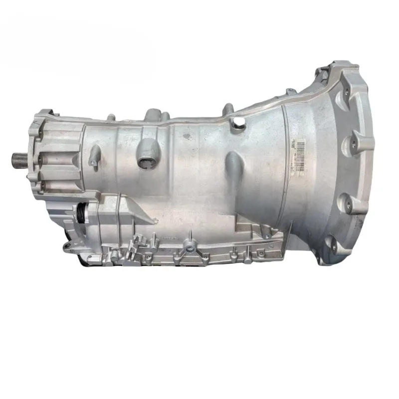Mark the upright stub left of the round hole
point(227,109)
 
